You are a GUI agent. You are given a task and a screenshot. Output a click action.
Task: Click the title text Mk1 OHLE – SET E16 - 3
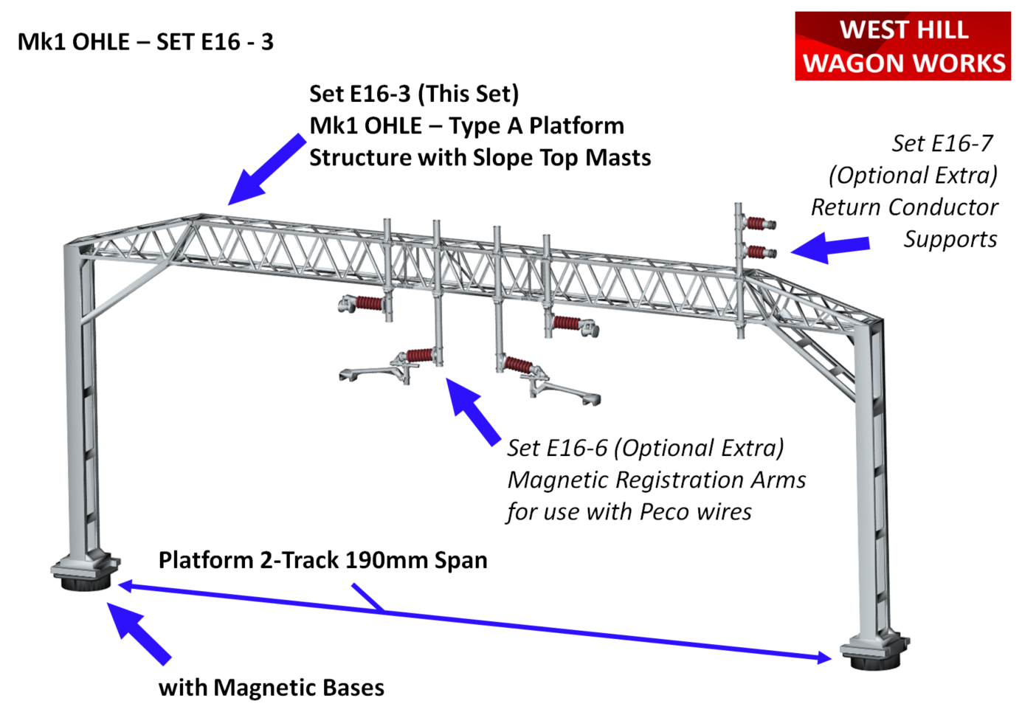click(x=145, y=42)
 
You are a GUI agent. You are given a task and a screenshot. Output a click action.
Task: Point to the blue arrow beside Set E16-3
click(x=266, y=170)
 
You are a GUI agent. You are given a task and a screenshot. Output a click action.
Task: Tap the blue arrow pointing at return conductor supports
click(x=829, y=247)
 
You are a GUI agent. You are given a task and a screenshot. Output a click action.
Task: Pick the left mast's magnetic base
click(x=85, y=581)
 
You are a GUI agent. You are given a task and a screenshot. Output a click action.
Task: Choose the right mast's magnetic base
click(x=877, y=658)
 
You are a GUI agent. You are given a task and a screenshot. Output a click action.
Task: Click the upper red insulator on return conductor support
click(x=757, y=223)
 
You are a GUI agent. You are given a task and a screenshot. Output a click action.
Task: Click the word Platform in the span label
click(x=206, y=560)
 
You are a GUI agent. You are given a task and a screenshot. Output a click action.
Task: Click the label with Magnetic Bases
click(x=271, y=688)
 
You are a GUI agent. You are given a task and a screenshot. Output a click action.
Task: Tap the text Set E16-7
click(x=942, y=143)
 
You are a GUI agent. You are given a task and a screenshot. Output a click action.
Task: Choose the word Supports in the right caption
click(x=950, y=239)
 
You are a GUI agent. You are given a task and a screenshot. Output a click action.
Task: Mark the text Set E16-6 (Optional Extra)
click(x=645, y=448)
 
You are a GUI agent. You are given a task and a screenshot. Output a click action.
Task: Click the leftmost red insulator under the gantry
click(x=368, y=303)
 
